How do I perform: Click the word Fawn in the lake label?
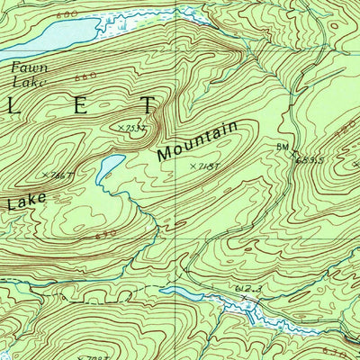click(25, 67)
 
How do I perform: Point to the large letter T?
click(148, 105)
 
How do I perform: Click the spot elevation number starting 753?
click(136, 128)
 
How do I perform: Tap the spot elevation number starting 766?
click(59, 175)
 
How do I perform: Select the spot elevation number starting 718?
click(206, 166)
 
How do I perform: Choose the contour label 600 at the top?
click(64, 15)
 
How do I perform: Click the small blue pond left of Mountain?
click(110, 165)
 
